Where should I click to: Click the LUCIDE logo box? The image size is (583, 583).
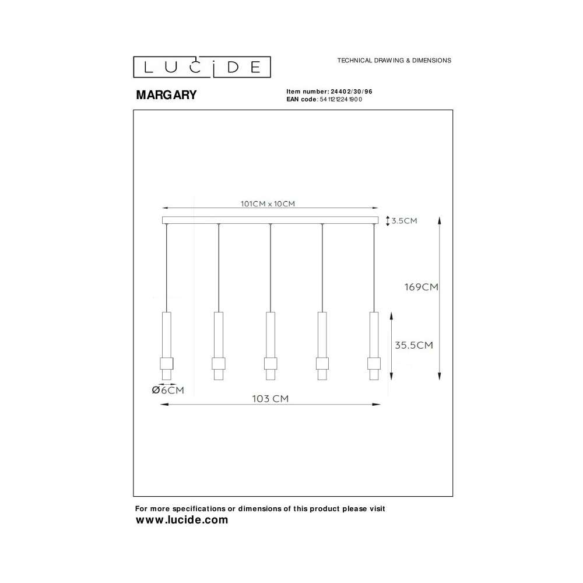[202, 67]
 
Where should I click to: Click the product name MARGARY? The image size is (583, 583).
[166, 95]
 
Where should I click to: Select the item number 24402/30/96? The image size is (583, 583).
[352, 92]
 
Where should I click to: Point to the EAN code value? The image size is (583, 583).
[340, 99]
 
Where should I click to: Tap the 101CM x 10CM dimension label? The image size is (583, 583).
[268, 203]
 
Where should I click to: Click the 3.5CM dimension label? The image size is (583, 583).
[404, 221]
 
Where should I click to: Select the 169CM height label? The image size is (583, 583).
[422, 287]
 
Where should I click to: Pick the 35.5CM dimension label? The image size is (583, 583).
[414, 345]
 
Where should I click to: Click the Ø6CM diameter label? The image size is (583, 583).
[168, 390]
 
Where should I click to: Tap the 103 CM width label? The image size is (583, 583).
[271, 399]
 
